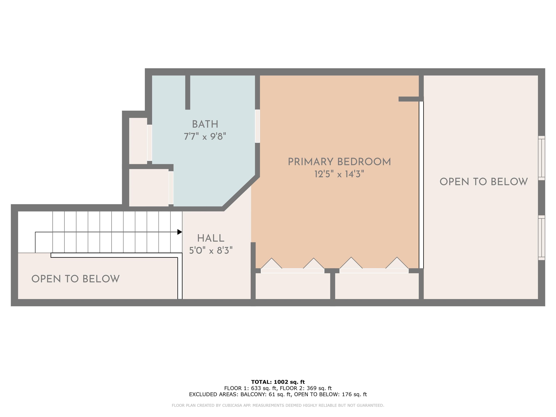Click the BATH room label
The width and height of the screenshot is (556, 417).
(205, 124)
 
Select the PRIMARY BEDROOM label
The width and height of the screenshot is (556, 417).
(339, 162)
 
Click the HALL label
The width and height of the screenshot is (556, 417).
(211, 238)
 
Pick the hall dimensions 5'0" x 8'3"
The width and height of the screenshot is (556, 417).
(211, 251)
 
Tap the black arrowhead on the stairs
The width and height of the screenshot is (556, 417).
(180, 232)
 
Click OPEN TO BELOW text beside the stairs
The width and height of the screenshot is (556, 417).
(75, 279)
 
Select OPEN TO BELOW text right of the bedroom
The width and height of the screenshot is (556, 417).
(484, 182)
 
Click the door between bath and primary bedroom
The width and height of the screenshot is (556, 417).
(257, 126)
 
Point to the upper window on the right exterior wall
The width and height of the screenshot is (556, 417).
(541, 158)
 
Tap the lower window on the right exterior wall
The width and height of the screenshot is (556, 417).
(541, 237)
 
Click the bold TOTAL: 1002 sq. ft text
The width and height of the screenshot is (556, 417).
(278, 382)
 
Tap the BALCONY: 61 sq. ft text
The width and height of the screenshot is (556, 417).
(266, 394)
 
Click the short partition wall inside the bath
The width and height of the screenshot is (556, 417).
(188, 92)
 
